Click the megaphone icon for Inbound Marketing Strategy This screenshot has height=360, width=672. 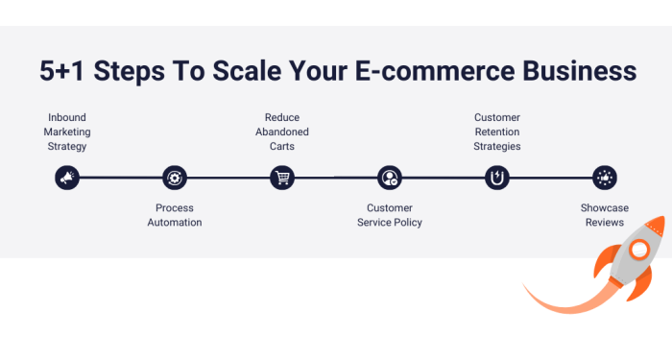(x=66, y=177)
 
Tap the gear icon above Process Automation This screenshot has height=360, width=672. (x=175, y=177)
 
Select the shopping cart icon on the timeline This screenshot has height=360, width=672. (x=281, y=177)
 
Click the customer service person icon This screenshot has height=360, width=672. (x=389, y=177)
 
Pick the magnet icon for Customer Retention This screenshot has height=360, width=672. (x=497, y=177)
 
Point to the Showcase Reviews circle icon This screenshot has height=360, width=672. (x=604, y=177)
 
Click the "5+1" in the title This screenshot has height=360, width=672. (x=65, y=72)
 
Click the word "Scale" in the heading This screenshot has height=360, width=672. (x=247, y=72)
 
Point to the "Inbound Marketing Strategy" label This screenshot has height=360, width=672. (x=65, y=132)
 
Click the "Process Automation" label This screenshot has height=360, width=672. (x=175, y=215)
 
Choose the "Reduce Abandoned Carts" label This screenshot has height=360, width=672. (x=281, y=132)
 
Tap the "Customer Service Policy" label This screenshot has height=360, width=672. (x=389, y=215)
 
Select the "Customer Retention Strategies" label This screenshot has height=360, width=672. (x=497, y=132)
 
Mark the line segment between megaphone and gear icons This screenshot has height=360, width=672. (x=120, y=177)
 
